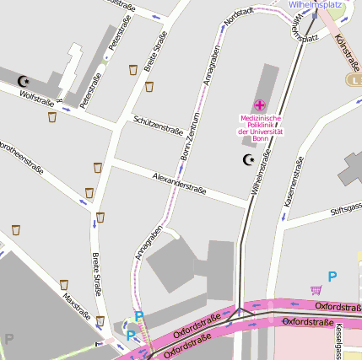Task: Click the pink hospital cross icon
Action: tap(260, 105)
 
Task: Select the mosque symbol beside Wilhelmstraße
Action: tap(248, 159)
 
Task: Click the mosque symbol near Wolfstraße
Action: tap(23, 81)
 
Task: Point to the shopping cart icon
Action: tap(316, 289)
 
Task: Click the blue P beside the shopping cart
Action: tap(332, 276)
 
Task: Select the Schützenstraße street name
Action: tap(158, 125)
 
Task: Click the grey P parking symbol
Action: tap(9, 339)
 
